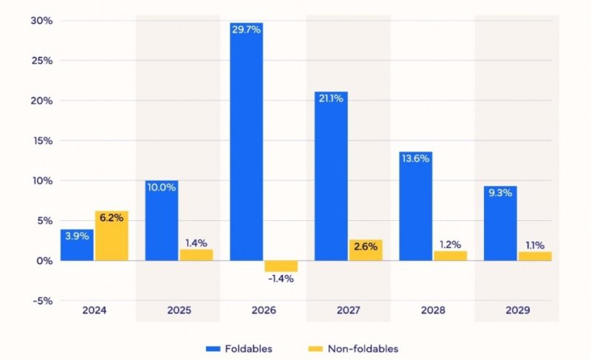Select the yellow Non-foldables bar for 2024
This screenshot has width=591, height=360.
click(x=112, y=236)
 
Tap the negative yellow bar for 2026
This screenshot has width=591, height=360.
click(x=281, y=266)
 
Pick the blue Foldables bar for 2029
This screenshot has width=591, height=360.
click(x=500, y=223)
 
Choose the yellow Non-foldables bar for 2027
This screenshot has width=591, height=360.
click(x=366, y=250)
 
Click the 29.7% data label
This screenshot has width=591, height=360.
click(x=247, y=30)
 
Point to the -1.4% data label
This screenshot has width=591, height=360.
click(x=281, y=279)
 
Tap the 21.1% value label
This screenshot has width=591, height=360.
click(x=332, y=99)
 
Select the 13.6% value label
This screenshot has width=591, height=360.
click(x=416, y=159)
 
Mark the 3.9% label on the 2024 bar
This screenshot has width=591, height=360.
click(x=77, y=236)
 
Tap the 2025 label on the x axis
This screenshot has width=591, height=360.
click(x=179, y=311)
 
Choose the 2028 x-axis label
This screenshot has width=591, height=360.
click(x=433, y=311)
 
